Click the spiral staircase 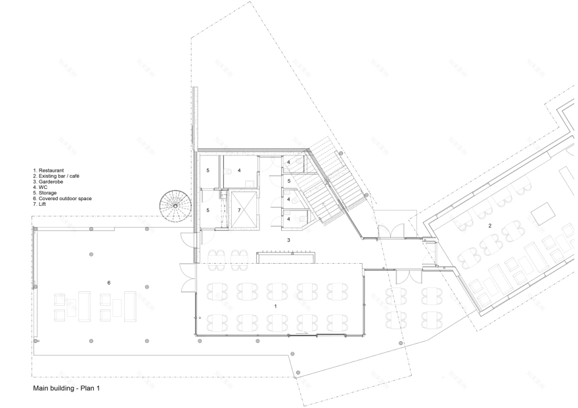point(175,205)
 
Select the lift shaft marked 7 point(240,209)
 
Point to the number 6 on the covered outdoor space point(108,282)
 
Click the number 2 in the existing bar point(489,226)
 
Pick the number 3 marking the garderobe point(288,241)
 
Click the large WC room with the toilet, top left point(240,171)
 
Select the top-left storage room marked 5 point(208,171)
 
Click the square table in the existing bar point(543,214)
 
